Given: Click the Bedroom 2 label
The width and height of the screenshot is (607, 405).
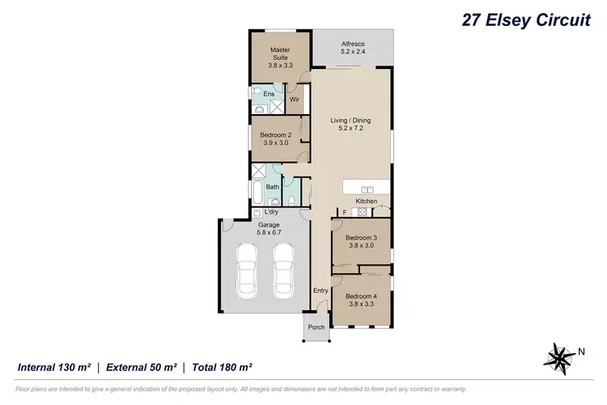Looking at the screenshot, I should pyautogui.click(x=275, y=138).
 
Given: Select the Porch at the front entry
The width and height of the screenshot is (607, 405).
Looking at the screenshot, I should pyautogui.click(x=316, y=327).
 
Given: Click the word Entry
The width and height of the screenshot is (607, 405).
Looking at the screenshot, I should pyautogui.click(x=321, y=291).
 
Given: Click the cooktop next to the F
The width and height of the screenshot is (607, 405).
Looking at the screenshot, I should pyautogui.click(x=363, y=212).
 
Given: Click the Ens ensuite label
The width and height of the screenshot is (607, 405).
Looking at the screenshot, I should pyautogui.click(x=268, y=94).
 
